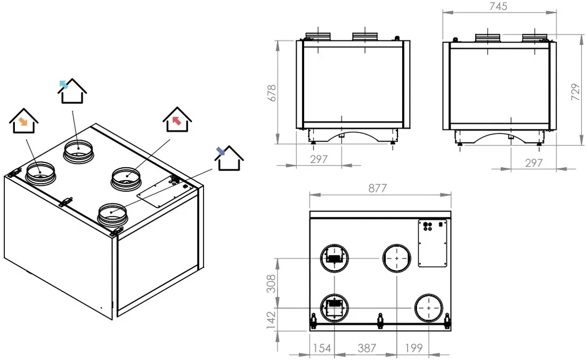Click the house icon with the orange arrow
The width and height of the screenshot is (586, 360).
[23, 121]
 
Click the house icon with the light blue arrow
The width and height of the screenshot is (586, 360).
[72, 91]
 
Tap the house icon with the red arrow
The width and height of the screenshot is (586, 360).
[177, 119]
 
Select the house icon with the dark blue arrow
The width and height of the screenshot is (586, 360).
[229, 158]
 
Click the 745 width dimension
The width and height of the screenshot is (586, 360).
[498, 6]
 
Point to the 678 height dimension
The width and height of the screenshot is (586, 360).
[272, 93]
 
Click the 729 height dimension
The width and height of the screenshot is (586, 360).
[575, 92]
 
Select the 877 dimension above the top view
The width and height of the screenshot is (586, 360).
[378, 188]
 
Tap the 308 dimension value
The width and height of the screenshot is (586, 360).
[272, 283]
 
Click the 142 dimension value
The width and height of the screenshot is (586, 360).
[272, 321]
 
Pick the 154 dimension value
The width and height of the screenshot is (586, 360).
[322, 348]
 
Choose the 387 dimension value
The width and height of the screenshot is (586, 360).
[367, 348]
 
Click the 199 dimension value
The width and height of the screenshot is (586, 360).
[414, 348]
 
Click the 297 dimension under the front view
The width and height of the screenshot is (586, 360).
[319, 159]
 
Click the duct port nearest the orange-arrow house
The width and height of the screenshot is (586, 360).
[40, 173]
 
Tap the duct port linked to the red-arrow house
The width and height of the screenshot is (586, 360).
[126, 178]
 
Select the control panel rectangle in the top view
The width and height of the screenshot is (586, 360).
[433, 243]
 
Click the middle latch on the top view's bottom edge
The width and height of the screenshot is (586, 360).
[380, 320]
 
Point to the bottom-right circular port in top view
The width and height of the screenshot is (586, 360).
[428, 308]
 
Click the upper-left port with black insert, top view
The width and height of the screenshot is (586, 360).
[335, 258]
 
